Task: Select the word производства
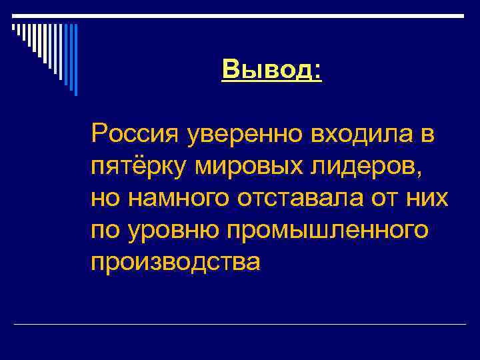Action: tap(176, 262)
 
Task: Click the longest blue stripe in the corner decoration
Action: tap(75, 60)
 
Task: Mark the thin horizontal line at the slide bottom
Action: tap(240, 325)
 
